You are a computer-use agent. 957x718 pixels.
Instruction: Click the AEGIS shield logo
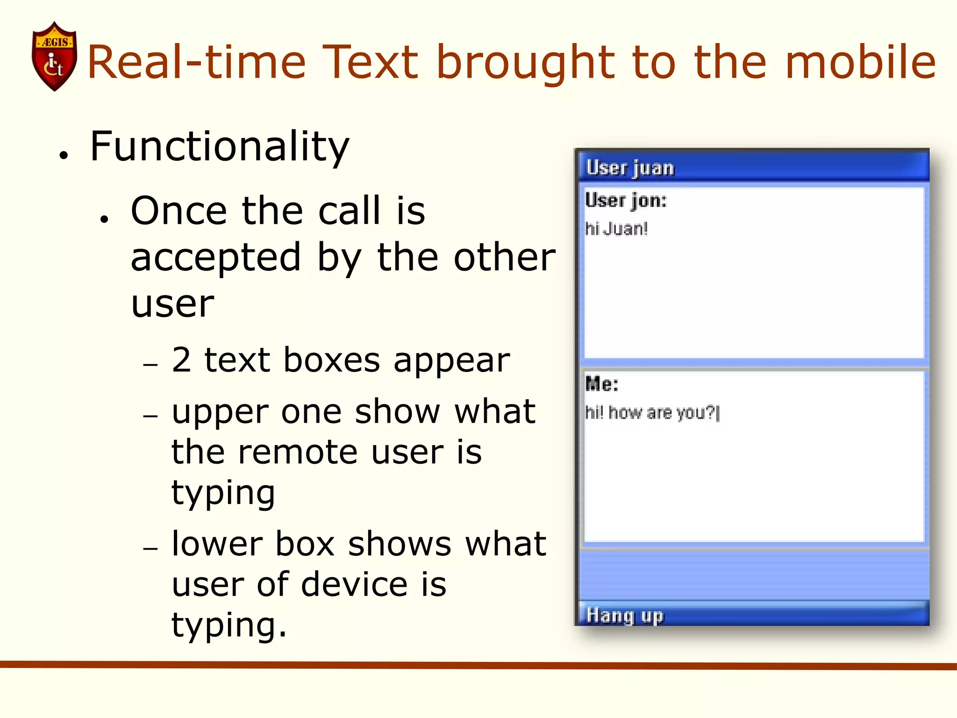[54, 56]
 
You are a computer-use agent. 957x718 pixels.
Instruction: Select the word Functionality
[220, 147]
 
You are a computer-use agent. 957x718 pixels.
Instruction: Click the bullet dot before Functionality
[64, 156]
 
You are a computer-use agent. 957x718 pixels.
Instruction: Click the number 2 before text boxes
[181, 360]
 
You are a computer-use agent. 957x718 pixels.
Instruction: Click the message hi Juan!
[616, 229]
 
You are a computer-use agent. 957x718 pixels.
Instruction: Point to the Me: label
[602, 384]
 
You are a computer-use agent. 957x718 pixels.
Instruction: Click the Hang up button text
[625, 616]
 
